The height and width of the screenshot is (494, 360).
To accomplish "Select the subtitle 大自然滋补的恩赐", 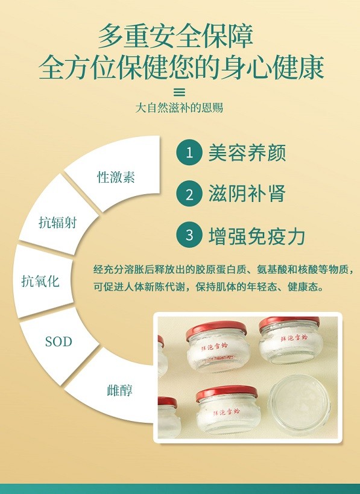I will pos(179,109).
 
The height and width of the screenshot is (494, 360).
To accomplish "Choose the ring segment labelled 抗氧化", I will pos(40,280).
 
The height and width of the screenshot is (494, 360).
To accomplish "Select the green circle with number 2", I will pos(189,194).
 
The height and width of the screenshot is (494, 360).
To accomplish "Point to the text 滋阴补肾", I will pos(247,194).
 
